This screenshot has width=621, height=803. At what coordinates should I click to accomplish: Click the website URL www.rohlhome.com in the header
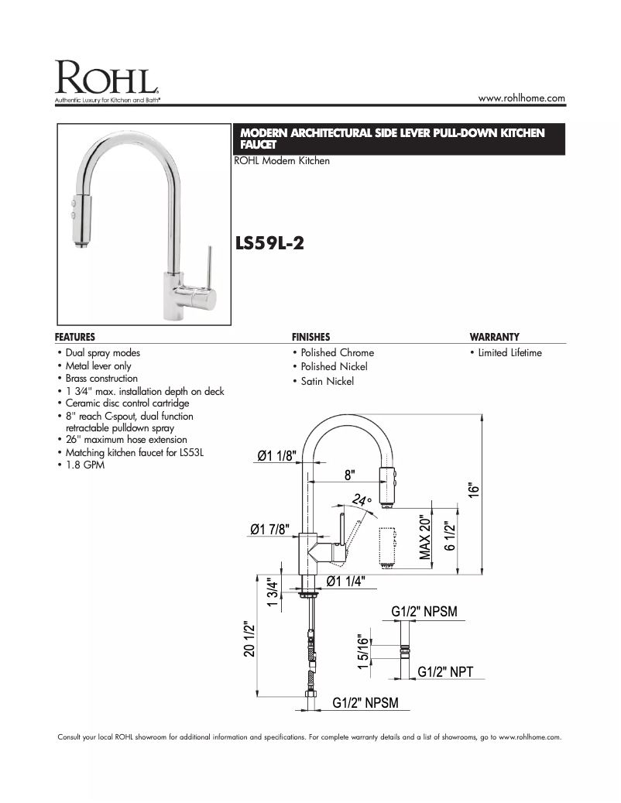click(x=522, y=98)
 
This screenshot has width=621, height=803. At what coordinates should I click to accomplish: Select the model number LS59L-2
click(x=269, y=243)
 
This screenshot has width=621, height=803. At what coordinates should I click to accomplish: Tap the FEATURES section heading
click(x=74, y=337)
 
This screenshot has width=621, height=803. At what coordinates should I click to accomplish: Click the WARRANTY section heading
click(x=494, y=337)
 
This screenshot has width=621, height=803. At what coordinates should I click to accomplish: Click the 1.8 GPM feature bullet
click(x=84, y=465)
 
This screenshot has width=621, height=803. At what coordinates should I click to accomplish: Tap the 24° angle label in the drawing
click(x=362, y=501)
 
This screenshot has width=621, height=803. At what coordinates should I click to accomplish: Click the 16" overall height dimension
click(x=475, y=492)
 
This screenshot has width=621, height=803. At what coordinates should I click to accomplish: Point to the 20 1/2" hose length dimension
click(x=249, y=638)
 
